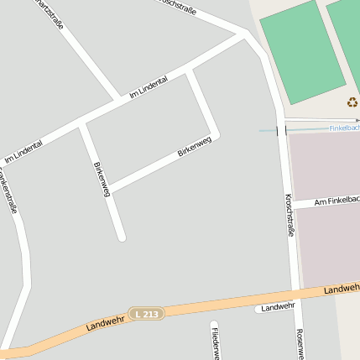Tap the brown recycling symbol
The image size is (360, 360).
(x=352, y=102)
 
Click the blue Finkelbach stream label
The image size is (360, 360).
(x=343, y=128)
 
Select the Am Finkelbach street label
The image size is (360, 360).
(x=337, y=201)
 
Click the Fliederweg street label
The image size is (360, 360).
(x=216, y=342)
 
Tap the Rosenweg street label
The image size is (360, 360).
(x=300, y=343)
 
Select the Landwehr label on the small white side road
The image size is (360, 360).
(x=278, y=308)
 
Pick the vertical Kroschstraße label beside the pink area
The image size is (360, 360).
(x=290, y=215)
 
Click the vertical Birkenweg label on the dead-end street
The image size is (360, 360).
(x=102, y=179)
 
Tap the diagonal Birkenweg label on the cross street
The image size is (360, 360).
(x=194, y=148)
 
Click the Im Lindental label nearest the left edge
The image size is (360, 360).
(x=23, y=150)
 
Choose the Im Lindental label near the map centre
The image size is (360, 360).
(x=149, y=88)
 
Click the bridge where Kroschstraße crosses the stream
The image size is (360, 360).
(x=281, y=130)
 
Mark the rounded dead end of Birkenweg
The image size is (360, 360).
(x=122, y=237)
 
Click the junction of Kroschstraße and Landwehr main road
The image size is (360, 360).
(x=295, y=293)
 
